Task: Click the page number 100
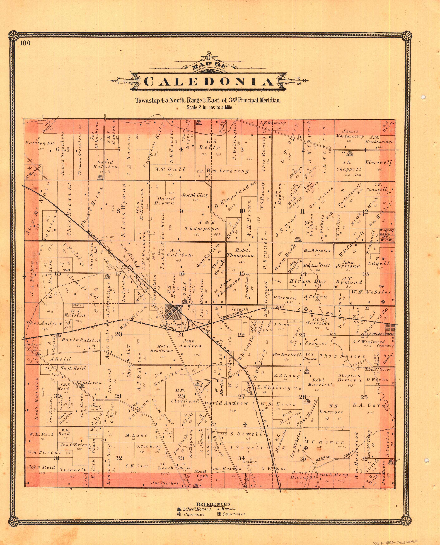pos(25,43)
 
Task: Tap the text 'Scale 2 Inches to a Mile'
pos(210,107)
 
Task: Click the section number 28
pos(181,396)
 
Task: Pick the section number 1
pos(365,150)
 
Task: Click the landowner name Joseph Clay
pos(195,195)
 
